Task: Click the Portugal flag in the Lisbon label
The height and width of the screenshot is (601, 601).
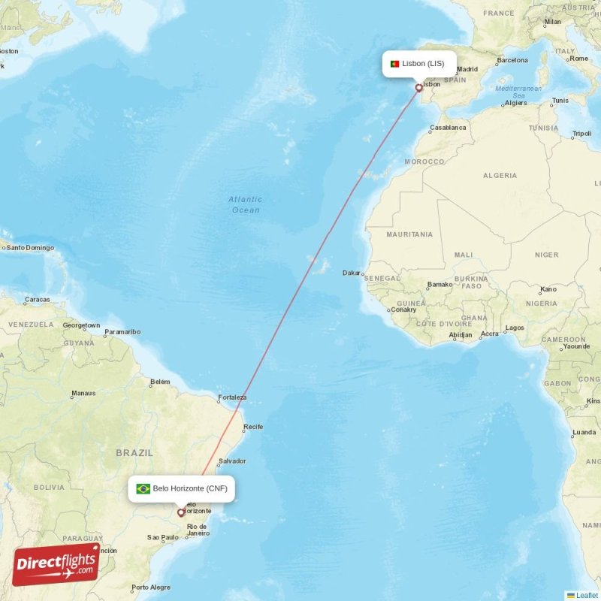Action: [394, 64]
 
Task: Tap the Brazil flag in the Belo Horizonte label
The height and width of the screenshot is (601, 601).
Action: [143, 489]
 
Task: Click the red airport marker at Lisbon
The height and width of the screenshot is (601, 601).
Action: [419, 88]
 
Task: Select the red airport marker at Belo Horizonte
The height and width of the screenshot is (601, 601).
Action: [181, 513]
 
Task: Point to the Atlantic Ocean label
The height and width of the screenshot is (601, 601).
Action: [246, 204]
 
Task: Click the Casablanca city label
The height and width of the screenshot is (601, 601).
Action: [448, 128]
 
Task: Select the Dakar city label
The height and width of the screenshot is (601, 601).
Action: [351, 273]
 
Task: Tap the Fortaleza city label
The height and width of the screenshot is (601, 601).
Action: [231, 397]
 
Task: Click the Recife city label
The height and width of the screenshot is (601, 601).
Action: [253, 427]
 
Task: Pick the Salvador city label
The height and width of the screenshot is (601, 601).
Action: [232, 461]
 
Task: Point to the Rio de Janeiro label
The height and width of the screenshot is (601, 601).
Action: [198, 530]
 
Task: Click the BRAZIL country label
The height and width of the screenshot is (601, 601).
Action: [134, 453]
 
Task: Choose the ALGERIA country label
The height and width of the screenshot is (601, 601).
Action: [500, 176]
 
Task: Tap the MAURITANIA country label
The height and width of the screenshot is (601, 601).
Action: [409, 234]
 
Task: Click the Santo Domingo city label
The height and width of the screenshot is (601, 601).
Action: [29, 247]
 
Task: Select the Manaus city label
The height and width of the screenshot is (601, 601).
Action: [83, 393]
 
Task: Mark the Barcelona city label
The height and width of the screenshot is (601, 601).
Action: [512, 60]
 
